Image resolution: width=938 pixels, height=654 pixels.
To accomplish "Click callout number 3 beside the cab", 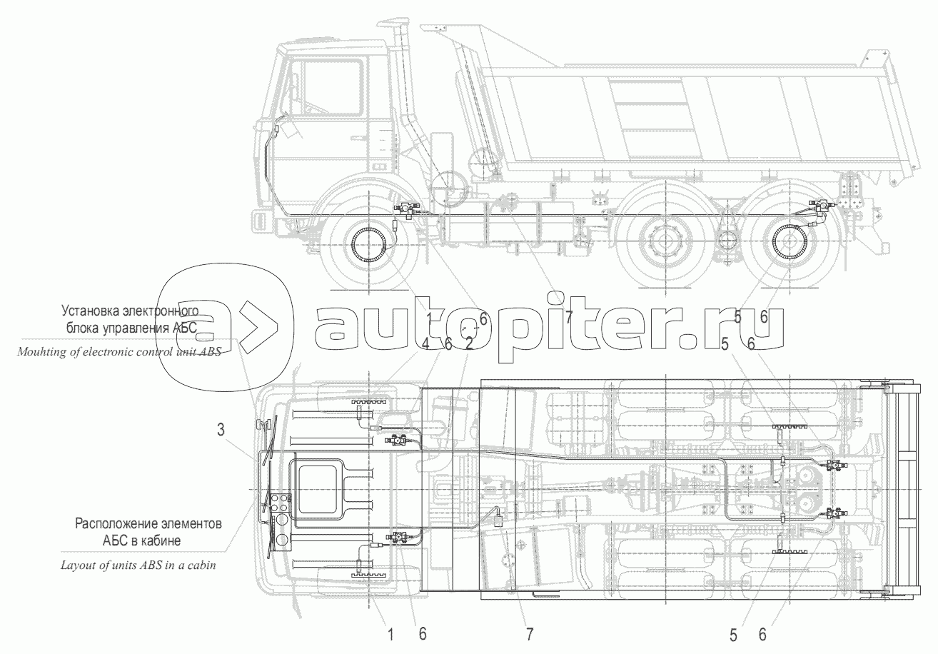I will coord(221,430).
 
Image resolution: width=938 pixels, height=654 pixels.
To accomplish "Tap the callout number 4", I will coord(425,344).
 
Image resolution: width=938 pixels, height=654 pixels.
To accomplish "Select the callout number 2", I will coord(469,344).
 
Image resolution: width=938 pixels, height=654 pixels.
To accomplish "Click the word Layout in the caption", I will coord(77,564).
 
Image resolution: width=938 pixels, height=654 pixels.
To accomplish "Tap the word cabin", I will coord(200,564).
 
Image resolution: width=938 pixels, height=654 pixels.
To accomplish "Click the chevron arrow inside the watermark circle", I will coord(256,334).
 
